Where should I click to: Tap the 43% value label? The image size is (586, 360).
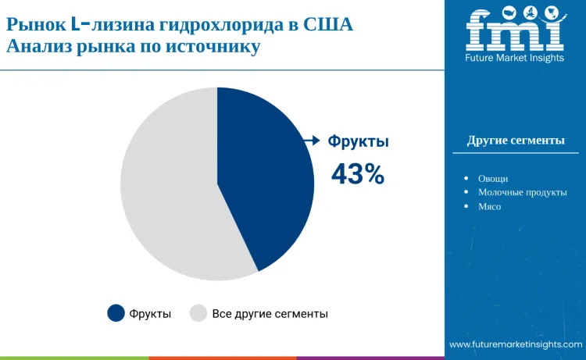point(357,174)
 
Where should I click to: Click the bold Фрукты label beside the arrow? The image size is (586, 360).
point(358,141)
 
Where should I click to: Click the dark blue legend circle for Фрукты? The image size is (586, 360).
point(116,313)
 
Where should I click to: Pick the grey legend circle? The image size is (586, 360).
point(198,313)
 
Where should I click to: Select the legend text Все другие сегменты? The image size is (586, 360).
point(270,313)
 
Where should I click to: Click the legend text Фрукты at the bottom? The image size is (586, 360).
point(151,313)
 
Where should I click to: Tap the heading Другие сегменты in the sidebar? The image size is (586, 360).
point(516,141)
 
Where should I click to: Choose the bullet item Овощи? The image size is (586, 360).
point(492,178)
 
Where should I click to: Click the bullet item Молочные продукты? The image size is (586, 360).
point(522,192)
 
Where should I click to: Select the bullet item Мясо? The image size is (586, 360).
point(489,206)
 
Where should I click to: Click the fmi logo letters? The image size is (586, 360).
point(515,30)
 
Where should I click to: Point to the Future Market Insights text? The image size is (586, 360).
point(515,59)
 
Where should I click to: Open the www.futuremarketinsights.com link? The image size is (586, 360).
point(516,344)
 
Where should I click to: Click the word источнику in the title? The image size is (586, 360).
point(216,46)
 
